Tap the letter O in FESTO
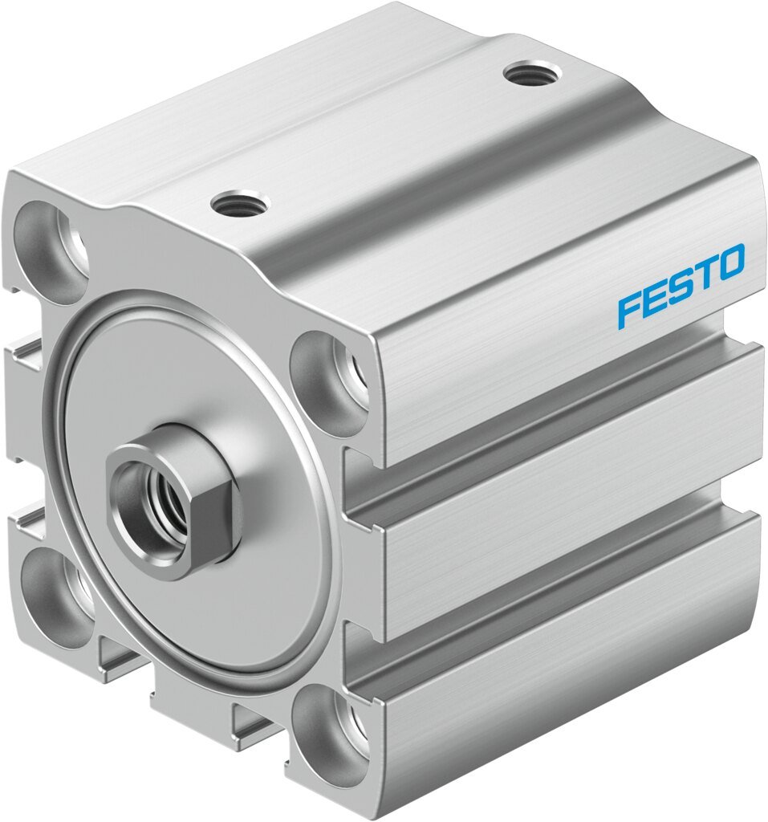pos(730,264)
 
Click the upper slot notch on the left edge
pos(26,355)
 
